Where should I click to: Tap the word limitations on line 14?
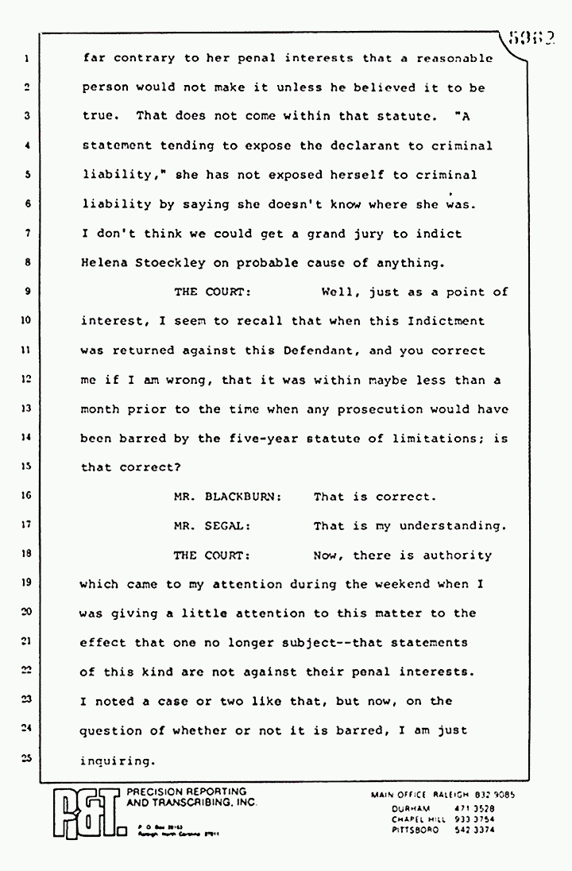click(446, 438)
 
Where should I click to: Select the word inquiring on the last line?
click(116, 761)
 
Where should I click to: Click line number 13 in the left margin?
click(26, 408)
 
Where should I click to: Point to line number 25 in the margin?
click(26, 759)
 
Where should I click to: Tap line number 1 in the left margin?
click(27, 59)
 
